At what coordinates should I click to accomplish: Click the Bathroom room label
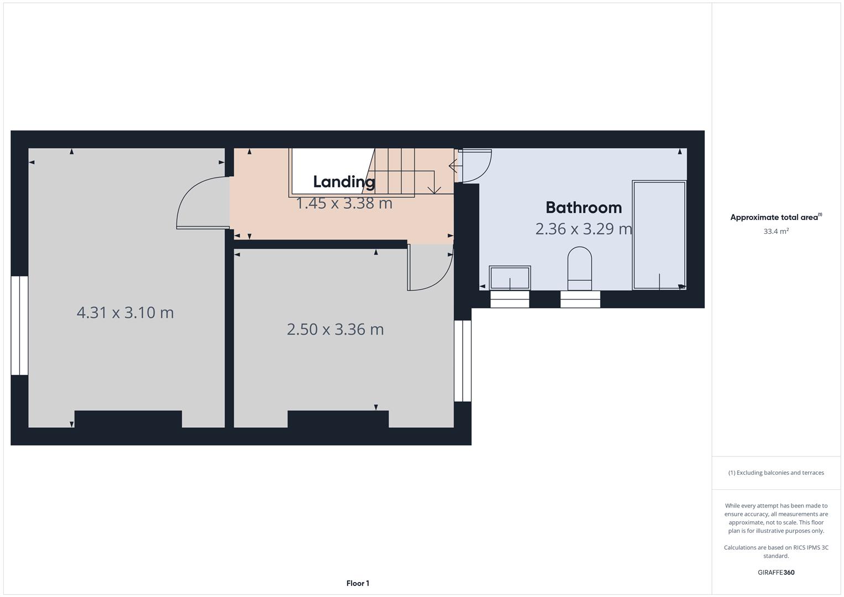pyautogui.click(x=583, y=207)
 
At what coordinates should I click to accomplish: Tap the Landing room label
pyautogui.click(x=344, y=181)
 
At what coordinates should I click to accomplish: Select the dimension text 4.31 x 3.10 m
pyautogui.click(x=125, y=312)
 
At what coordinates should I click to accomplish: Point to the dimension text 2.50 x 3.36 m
pyautogui.click(x=335, y=329)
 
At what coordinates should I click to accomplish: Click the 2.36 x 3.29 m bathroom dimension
pyautogui.click(x=583, y=228)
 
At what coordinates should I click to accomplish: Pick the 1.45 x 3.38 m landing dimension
pyautogui.click(x=344, y=203)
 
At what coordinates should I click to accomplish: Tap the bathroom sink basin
pyautogui.click(x=510, y=278)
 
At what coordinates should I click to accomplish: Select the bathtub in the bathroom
pyautogui.click(x=659, y=234)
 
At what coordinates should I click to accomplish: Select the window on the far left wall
pyautogui.click(x=19, y=325)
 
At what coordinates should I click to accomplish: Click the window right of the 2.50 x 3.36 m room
pyautogui.click(x=463, y=360)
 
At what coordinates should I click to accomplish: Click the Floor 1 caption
pyautogui.click(x=358, y=583)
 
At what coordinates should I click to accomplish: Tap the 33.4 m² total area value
pyautogui.click(x=776, y=232)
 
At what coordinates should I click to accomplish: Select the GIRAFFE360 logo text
pyautogui.click(x=776, y=573)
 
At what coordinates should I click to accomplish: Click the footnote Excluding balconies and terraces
pyautogui.click(x=776, y=473)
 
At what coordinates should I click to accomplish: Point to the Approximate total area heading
pyautogui.click(x=775, y=217)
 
